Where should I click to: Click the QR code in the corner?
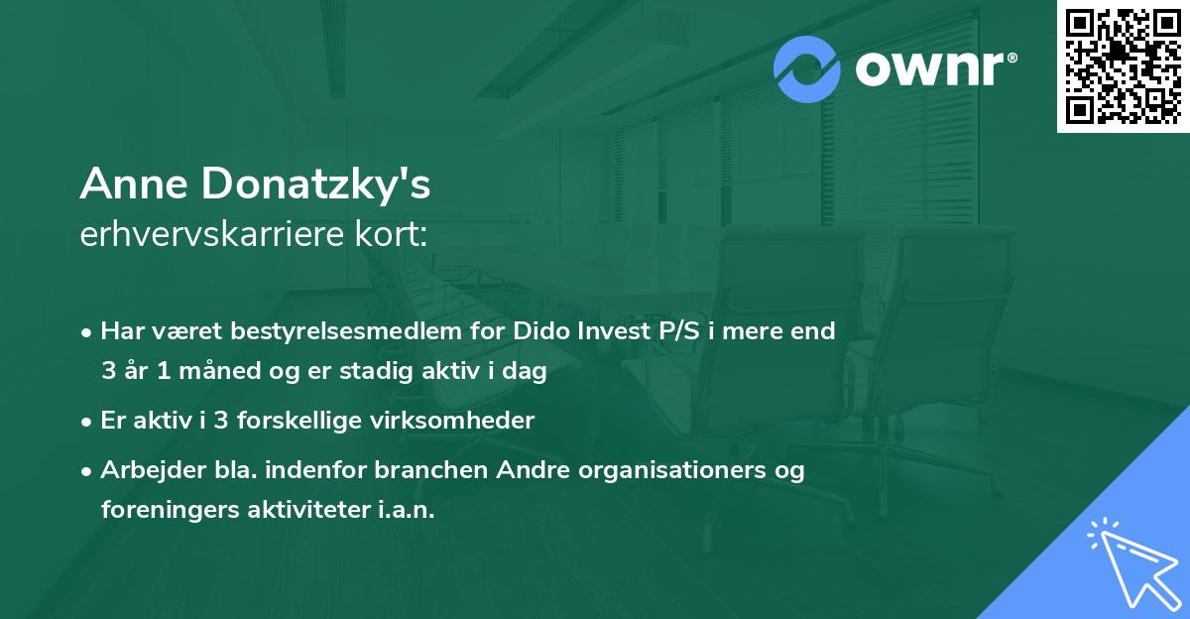(1123, 65)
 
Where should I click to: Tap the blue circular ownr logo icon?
(807, 69)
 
